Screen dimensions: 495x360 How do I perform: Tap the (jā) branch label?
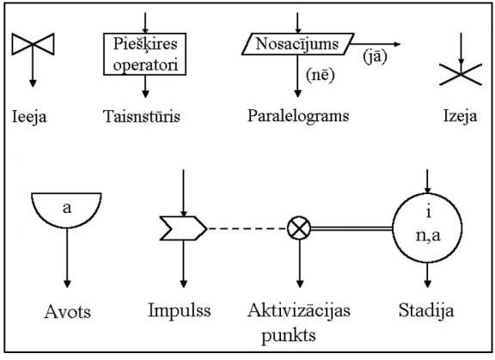tap(375, 57)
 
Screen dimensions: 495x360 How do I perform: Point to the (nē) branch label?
tap(320, 75)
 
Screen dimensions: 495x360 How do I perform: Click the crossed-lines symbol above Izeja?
tap(461, 75)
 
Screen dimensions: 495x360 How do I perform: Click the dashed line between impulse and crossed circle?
tap(247, 229)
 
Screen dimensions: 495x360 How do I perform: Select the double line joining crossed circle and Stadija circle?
tap(351, 229)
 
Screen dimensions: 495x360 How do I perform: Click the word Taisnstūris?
tap(142, 116)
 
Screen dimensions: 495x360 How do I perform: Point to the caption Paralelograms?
tap(298, 116)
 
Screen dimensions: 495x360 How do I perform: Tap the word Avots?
tap(68, 312)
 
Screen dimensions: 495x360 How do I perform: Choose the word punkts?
tap(289, 336)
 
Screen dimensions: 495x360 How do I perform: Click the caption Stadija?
tap(426, 310)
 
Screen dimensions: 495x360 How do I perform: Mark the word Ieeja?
tap(29, 117)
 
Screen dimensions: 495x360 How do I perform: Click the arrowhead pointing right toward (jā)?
tap(397, 44)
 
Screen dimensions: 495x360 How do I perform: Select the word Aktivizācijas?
tap(299, 310)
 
